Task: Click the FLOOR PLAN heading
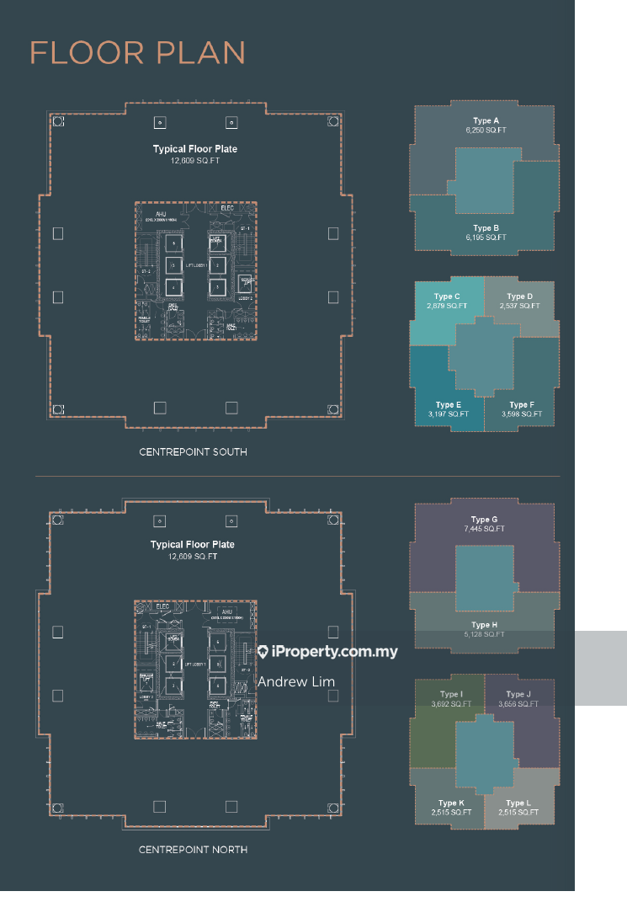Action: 138,53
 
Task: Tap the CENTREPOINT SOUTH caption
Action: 193,452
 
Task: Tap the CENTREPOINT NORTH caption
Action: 193,850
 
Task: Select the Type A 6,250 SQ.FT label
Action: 486,126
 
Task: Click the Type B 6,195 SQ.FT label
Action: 486,233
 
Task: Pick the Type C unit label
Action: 447,302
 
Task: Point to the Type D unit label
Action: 519,302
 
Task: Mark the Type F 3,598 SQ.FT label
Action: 521,410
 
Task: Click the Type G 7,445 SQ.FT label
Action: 484,525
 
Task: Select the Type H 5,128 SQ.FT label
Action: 484,630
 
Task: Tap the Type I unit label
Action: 450,699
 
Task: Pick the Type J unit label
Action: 518,699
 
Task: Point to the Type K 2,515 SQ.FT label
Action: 450,808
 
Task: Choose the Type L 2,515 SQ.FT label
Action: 518,808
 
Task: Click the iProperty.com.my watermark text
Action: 327,652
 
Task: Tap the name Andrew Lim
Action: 296,682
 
